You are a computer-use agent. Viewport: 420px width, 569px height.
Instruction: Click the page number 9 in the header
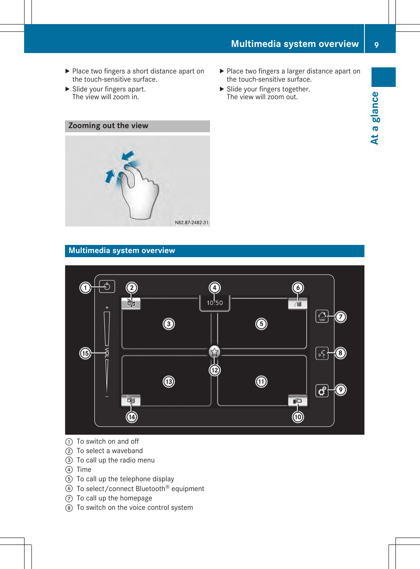(x=376, y=45)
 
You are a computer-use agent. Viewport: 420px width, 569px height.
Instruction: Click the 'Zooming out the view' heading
(x=108, y=126)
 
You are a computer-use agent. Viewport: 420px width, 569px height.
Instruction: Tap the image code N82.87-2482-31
(x=192, y=222)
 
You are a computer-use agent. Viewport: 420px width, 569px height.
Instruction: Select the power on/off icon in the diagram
(x=107, y=287)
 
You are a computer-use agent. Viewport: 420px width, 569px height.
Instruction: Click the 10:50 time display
(x=215, y=303)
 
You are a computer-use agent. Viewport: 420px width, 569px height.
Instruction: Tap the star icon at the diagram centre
(x=214, y=351)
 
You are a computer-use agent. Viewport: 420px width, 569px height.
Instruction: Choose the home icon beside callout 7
(x=322, y=316)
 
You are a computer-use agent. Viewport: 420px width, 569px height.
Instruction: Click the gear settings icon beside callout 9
(x=322, y=391)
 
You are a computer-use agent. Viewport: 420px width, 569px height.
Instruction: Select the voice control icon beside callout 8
(x=322, y=353)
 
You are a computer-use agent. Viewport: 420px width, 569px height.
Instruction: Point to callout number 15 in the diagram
(x=85, y=353)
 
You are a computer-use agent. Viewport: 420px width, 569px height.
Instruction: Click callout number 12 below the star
(x=214, y=370)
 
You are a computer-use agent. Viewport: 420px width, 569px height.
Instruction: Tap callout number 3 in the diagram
(x=169, y=324)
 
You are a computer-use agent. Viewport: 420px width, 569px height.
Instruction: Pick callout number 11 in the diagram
(x=261, y=382)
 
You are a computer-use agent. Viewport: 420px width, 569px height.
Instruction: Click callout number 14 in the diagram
(x=132, y=417)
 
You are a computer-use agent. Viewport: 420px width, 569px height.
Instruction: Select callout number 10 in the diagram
(x=298, y=417)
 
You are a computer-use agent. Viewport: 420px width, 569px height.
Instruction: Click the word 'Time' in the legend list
(x=84, y=470)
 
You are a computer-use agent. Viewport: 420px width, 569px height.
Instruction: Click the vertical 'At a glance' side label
(x=375, y=118)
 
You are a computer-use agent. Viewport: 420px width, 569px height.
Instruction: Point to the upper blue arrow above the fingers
(x=128, y=156)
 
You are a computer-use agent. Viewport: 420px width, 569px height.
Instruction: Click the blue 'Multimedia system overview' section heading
(x=122, y=251)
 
